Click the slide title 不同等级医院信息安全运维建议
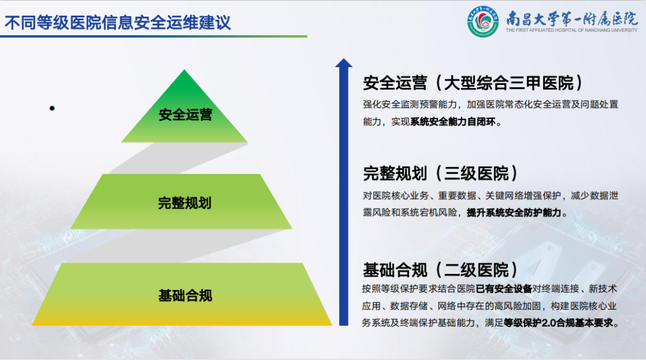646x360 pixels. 117,23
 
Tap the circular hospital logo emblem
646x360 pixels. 483,22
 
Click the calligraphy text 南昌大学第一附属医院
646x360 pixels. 572,19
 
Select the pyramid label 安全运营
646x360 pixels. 185,114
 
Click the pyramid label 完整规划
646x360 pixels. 185,203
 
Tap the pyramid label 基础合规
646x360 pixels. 185,295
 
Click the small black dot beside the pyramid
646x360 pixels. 52,108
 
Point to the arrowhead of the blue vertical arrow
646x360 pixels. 343,63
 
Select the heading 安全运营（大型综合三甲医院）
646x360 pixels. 473,83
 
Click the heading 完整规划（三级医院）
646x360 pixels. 440,173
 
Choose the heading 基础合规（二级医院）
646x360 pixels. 440,270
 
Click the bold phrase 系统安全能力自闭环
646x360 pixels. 453,122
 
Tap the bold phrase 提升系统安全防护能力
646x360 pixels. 514,212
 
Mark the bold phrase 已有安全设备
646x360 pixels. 504,289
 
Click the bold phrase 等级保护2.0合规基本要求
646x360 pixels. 558,323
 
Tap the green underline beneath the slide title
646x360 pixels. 154,36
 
